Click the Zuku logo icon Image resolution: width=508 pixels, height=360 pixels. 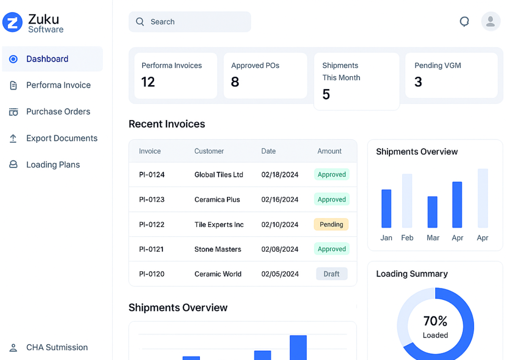tap(13, 22)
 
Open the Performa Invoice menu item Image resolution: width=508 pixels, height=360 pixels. tap(58, 85)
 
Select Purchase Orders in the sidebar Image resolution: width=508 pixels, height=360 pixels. tap(58, 112)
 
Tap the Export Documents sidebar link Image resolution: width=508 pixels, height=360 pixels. tap(61, 138)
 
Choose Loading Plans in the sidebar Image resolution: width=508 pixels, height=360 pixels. tap(53, 165)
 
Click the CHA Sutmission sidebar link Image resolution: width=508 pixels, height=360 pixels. tap(57, 348)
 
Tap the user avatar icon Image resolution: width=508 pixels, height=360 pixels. tap(491, 22)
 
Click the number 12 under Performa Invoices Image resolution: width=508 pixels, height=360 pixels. tap(148, 82)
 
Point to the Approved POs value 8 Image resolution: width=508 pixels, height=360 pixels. tap(235, 82)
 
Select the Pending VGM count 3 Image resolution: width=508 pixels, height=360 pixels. tap(418, 82)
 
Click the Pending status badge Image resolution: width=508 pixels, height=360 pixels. tap(331, 224)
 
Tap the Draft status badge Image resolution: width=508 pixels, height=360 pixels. tap(331, 274)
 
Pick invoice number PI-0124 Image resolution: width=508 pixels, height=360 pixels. tap(152, 174)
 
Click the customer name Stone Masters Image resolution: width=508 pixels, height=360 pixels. tap(218, 249)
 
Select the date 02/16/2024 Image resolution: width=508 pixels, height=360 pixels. tap(279, 199)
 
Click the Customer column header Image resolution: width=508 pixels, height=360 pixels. tap(209, 151)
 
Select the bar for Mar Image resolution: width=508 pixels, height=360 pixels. tap(432, 212)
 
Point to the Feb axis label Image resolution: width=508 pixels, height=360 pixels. tap(407, 238)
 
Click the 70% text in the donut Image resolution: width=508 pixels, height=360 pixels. tap(435, 321)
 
